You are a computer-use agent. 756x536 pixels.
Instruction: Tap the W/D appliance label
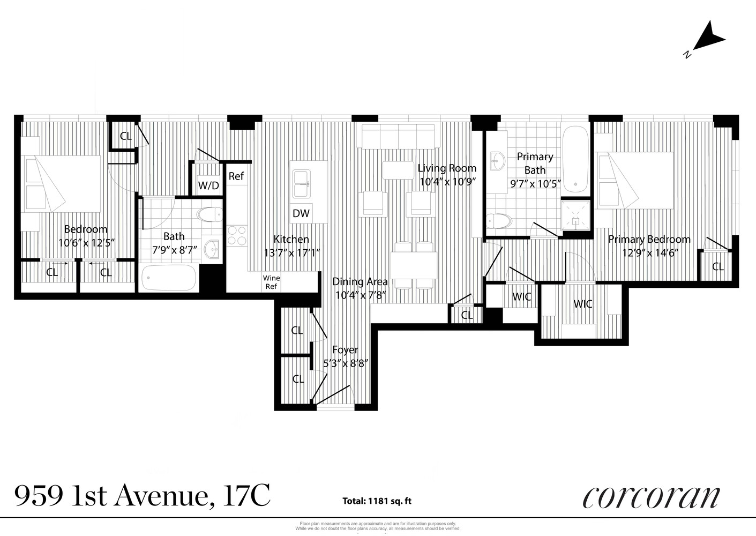pos(208,185)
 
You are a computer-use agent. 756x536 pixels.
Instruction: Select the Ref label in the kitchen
pos(236,176)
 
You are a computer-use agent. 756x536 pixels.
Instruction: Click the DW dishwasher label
pos(301,213)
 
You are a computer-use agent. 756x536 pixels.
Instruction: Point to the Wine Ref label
pos(271,282)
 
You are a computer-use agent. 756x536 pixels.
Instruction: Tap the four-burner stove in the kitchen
pos(237,235)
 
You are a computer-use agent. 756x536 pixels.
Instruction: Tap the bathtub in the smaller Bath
pos(168,278)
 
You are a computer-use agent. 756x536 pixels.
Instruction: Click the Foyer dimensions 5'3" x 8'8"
pos(346,363)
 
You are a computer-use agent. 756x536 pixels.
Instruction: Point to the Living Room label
pos(447,168)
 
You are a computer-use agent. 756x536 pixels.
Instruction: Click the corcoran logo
pos(650,497)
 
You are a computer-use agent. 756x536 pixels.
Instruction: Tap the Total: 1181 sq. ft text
pos(377,502)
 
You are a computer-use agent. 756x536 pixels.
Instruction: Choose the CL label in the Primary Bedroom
pos(717,266)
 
